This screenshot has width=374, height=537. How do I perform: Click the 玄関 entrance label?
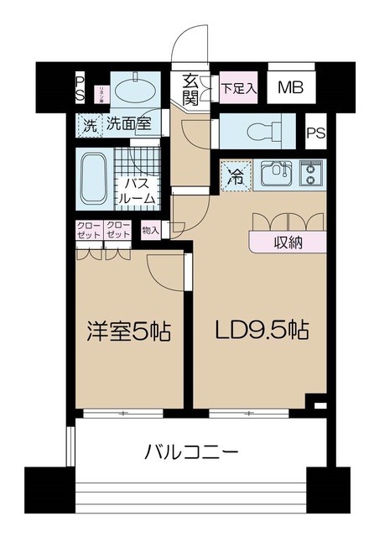[190, 89]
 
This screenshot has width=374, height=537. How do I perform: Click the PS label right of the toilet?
[315, 133]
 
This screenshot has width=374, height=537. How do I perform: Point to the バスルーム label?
[134, 190]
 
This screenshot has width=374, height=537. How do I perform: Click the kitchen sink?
[274, 175]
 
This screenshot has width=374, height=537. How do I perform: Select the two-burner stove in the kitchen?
[311, 174]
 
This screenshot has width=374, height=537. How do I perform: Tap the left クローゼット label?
[88, 230]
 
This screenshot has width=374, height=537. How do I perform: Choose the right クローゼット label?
[118, 230]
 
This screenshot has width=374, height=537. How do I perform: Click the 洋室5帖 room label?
[128, 332]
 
